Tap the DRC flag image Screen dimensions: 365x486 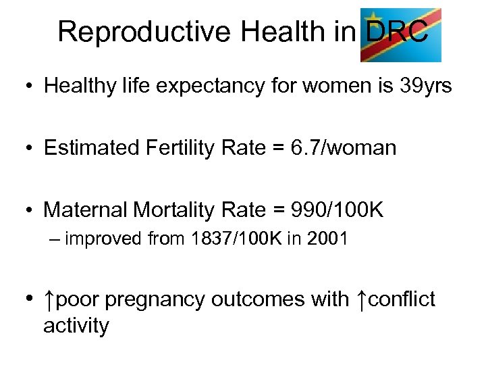(400, 34)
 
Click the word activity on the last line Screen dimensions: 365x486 (76, 326)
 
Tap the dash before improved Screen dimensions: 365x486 (55, 238)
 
